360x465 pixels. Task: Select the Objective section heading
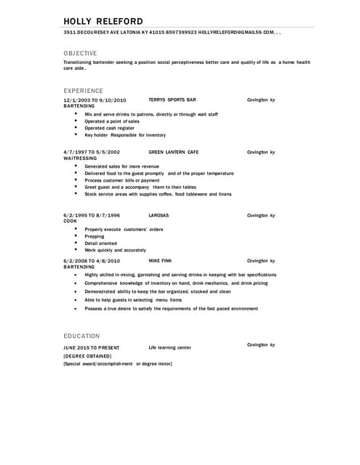pyautogui.click(x=80, y=53)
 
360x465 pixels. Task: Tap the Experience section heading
pyautogui.click(x=84, y=90)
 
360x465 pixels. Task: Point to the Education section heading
pyautogui.click(x=81, y=336)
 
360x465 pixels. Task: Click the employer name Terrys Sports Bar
pyautogui.click(x=172, y=100)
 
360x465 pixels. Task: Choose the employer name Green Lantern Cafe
pyautogui.click(x=173, y=153)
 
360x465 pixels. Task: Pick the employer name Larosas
pyautogui.click(x=159, y=215)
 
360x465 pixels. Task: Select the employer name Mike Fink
pyautogui.click(x=160, y=260)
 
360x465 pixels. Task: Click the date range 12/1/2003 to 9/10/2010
pyautogui.click(x=95, y=100)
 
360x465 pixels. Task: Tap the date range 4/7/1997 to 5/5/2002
pyautogui.click(x=92, y=153)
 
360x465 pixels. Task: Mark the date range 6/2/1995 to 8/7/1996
pyautogui.click(x=92, y=215)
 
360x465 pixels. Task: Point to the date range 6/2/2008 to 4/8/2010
pyautogui.click(x=92, y=260)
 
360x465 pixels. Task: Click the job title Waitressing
pyautogui.click(x=80, y=158)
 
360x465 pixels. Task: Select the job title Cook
pyautogui.click(x=70, y=221)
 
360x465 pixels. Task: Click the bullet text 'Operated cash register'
pyautogui.click(x=109, y=128)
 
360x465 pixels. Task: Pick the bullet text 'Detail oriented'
pyautogui.click(x=102, y=243)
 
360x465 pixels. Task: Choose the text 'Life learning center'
pyautogui.click(x=169, y=347)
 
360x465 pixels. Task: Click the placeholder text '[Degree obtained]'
pyautogui.click(x=87, y=355)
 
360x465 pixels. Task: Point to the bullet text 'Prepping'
pyautogui.click(x=95, y=236)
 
